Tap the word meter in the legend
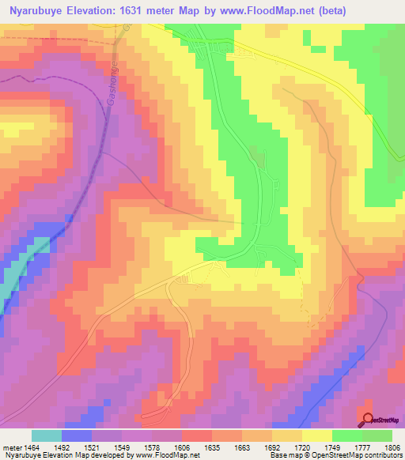[12, 447]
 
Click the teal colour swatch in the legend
[46, 435]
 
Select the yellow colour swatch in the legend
[316, 435]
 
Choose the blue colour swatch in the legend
[76, 435]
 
